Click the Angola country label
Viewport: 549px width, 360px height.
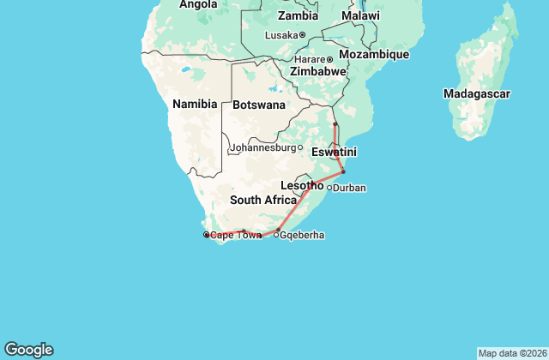198,5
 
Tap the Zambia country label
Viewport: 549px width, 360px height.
298,16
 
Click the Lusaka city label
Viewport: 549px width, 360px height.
281,34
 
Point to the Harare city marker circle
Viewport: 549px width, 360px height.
329,59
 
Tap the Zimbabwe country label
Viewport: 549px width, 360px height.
317,72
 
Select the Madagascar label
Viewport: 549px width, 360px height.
477,93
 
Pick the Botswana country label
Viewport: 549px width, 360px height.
259,105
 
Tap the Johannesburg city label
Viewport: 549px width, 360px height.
262,147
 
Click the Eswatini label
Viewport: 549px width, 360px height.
334,152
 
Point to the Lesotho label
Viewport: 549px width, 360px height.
303,185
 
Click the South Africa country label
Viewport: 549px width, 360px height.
263,201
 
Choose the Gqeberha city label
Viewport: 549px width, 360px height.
302,235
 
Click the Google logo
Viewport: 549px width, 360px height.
28,349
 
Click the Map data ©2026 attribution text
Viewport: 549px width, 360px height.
511,353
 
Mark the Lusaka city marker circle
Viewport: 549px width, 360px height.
302,34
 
